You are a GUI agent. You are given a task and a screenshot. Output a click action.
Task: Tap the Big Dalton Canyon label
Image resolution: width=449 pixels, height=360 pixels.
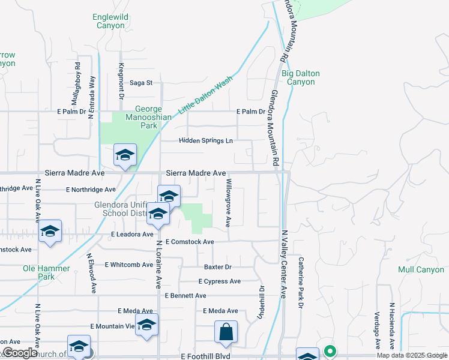300,77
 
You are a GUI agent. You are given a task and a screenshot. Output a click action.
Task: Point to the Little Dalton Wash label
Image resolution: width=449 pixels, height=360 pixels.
205,96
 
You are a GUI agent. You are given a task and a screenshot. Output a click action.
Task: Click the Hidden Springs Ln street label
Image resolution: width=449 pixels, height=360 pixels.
205,141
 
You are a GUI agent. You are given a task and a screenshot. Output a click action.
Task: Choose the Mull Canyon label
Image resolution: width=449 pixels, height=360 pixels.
421,270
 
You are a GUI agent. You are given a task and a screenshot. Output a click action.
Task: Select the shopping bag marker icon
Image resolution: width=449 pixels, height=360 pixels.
226,332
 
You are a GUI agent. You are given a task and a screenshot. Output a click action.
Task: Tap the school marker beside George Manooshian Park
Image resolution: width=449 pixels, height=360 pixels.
125,155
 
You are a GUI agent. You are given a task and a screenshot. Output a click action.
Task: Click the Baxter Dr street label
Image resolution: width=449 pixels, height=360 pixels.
217,267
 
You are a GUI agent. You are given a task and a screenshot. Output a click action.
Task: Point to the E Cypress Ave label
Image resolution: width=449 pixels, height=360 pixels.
220,281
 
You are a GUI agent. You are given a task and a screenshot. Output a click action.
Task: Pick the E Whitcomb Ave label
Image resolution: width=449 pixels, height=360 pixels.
129,265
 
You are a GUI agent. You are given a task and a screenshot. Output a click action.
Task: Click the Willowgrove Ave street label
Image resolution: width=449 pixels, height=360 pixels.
228,202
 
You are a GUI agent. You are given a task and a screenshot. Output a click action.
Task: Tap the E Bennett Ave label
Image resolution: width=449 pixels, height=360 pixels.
185,296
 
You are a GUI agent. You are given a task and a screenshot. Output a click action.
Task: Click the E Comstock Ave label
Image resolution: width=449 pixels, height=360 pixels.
189,242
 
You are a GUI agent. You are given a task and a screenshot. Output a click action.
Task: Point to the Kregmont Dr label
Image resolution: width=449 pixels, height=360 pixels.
121,80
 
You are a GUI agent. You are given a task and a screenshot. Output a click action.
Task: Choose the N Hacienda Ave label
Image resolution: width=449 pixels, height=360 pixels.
391,326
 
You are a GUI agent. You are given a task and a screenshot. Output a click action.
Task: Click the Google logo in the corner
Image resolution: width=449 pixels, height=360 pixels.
20,353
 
